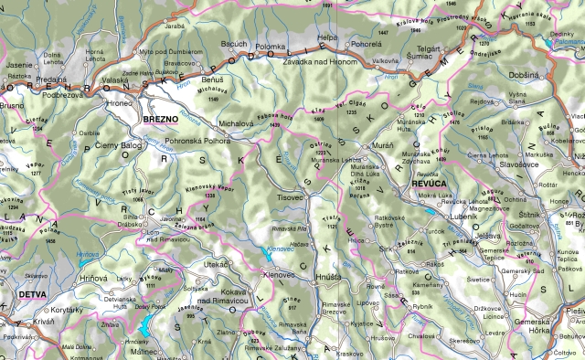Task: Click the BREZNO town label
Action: coord(161,119)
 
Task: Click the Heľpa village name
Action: coord(327,37)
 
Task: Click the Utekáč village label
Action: coord(216,263)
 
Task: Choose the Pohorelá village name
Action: coord(366,43)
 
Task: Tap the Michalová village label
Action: coord(236,122)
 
